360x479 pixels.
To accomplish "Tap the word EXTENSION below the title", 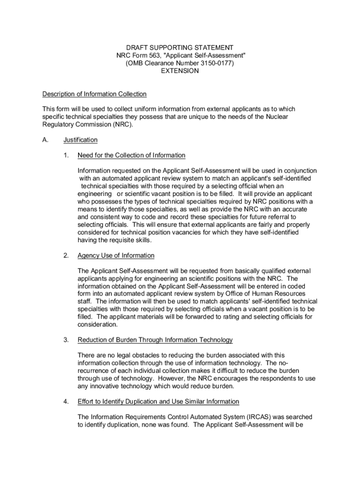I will click(x=180, y=71).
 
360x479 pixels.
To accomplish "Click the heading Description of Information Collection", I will click(x=94, y=94).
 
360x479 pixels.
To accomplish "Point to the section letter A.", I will click(x=45, y=140).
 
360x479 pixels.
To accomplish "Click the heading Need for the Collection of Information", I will click(x=131, y=155).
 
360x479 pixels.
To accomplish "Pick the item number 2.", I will click(x=67, y=255).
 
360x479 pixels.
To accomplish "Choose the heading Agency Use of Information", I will click(x=116, y=255).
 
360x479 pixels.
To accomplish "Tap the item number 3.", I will click(x=67, y=340).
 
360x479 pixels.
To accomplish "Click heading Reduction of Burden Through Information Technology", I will click(x=155, y=340).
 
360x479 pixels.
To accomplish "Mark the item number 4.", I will click(x=67, y=401).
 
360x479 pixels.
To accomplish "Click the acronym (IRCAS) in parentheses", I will click(x=259, y=417).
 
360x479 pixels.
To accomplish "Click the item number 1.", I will click(x=67, y=155).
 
